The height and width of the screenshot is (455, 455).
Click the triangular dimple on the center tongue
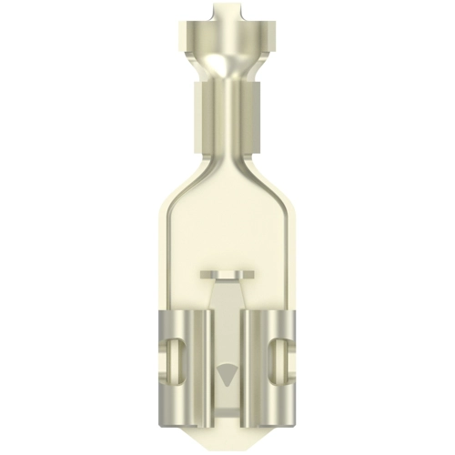click(227, 371)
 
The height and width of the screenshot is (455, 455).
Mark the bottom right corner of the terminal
click(291, 401)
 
